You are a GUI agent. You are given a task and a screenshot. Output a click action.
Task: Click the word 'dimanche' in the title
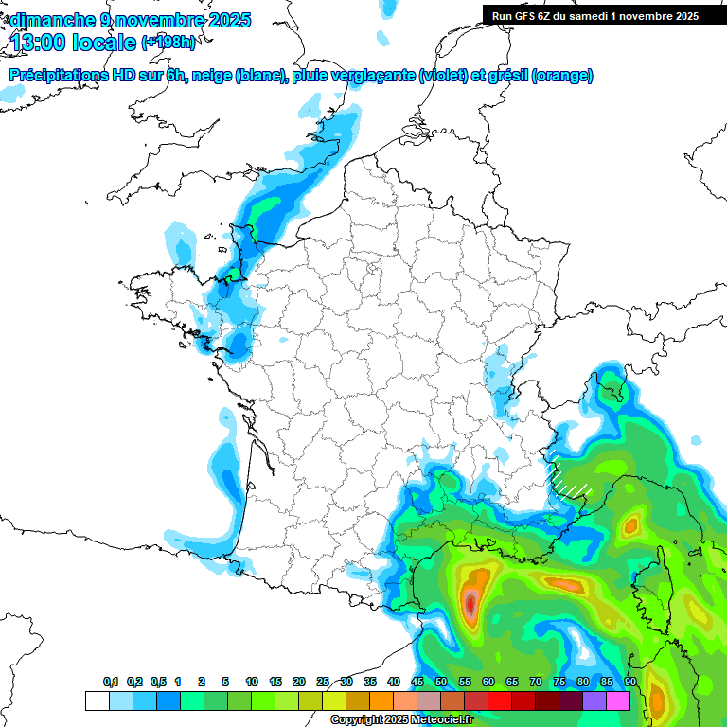pos(47,19)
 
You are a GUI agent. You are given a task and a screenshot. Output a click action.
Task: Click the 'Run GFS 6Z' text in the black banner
pos(524,15)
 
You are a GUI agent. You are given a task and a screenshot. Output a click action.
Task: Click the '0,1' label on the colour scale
pos(111,683)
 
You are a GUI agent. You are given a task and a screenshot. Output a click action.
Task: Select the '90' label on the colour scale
pos(629,683)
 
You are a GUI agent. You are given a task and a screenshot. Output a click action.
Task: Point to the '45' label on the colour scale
pos(417,683)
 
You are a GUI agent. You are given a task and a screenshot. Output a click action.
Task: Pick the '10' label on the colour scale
pos(252,683)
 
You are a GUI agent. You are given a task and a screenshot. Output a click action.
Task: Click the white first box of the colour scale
pos(97,700)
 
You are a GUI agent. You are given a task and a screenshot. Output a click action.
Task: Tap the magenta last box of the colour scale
pos(618,700)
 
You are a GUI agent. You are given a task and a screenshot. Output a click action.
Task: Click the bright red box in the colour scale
pos(500,700)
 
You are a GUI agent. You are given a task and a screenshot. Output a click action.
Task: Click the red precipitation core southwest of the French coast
pos(470,604)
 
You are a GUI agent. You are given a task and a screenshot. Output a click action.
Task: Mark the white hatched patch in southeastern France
pos(570,476)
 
